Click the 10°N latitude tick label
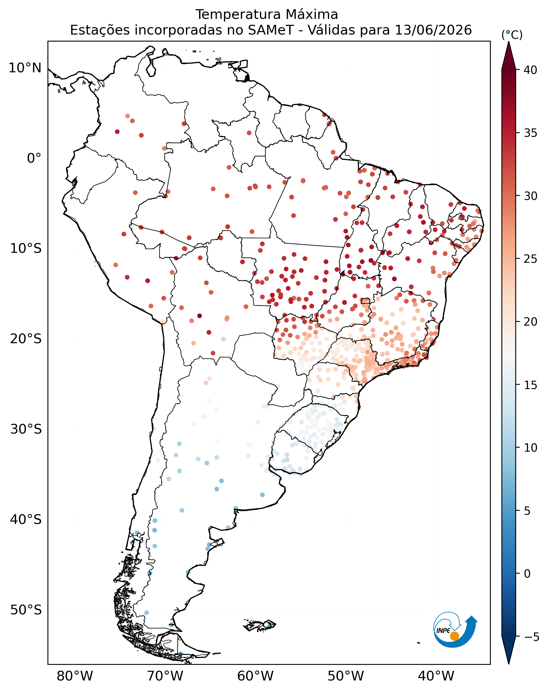[25, 68]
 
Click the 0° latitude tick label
[34, 158]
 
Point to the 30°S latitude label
[26, 429]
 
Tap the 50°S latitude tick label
[26, 610]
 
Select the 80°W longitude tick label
[75, 676]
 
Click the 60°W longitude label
[256, 676]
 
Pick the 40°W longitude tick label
[436, 676]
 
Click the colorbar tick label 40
[530, 70]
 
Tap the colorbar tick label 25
[530, 259]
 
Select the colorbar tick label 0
[527, 573]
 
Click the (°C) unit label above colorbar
[512, 35]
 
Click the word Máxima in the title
[311, 14]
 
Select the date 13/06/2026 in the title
[433, 30]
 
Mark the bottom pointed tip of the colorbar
[509, 664]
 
